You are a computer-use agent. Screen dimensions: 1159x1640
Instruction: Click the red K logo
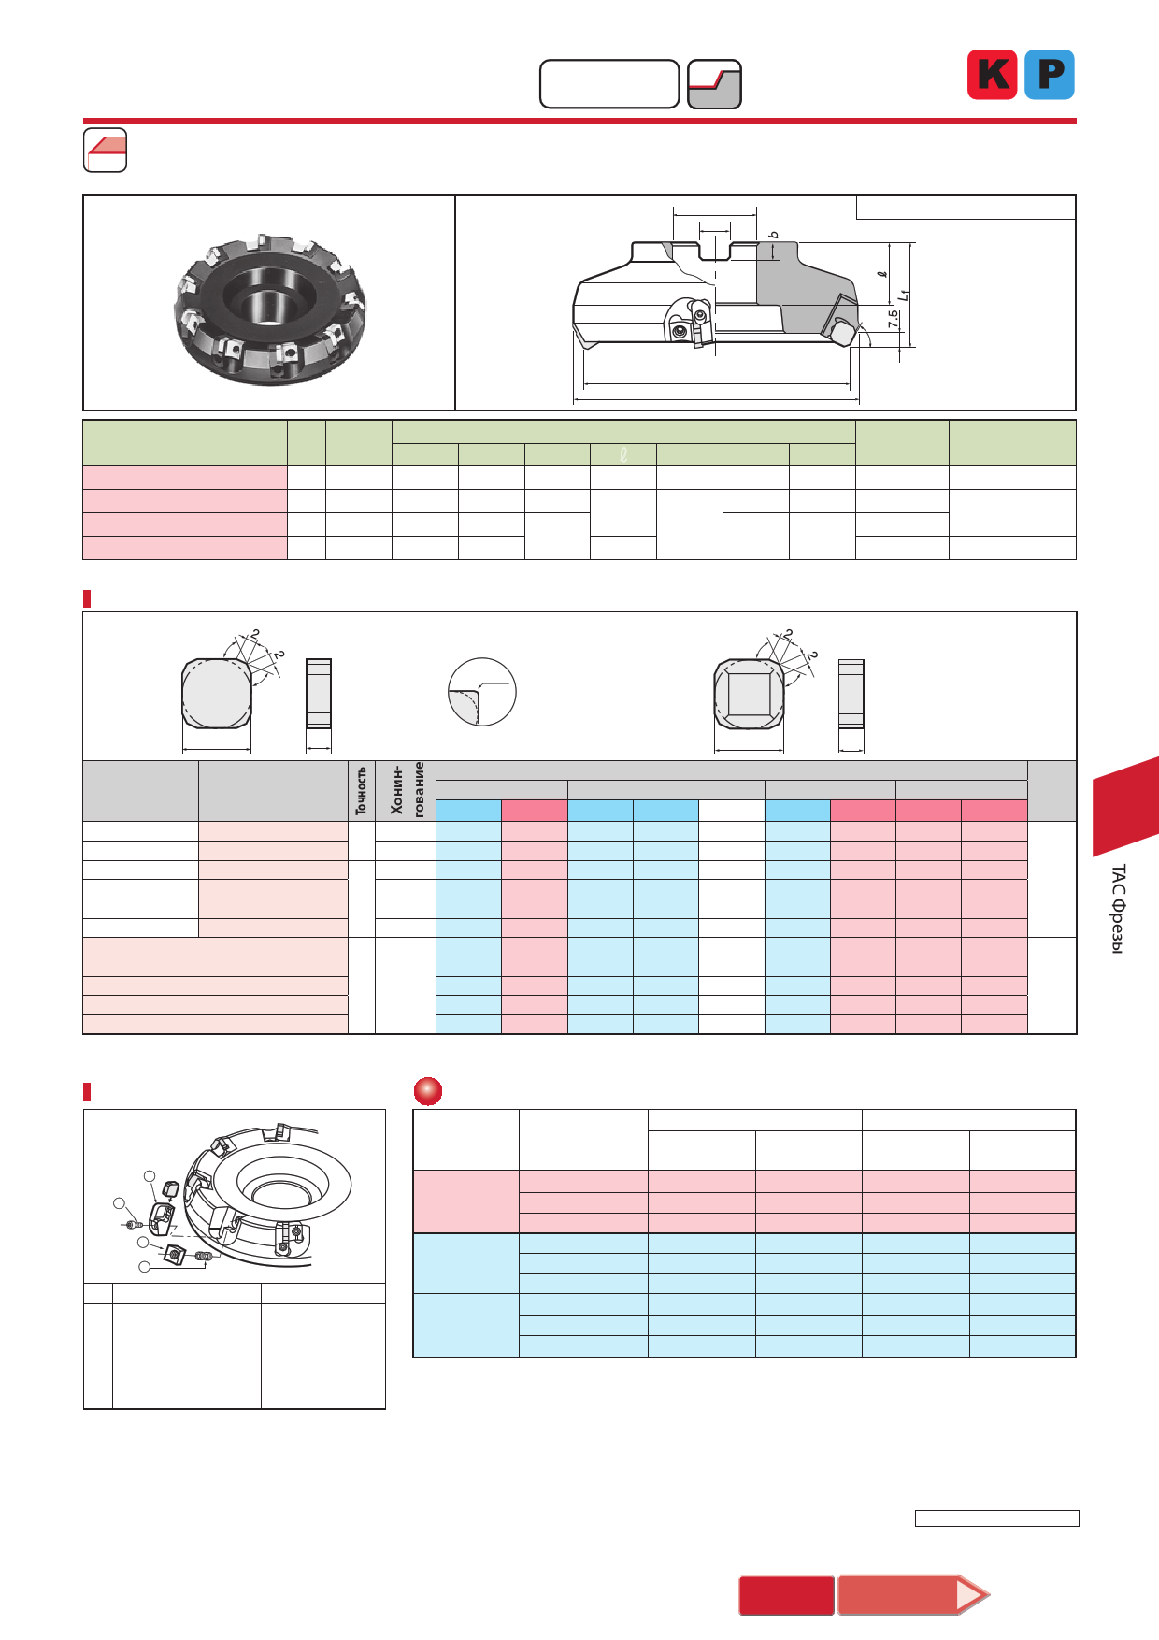point(992,75)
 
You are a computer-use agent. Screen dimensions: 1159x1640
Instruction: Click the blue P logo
point(1050,75)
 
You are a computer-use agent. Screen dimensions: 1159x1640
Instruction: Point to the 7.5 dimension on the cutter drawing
point(894,319)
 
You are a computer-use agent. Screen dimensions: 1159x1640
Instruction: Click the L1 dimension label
point(904,295)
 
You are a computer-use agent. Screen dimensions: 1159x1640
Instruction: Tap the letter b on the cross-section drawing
point(774,235)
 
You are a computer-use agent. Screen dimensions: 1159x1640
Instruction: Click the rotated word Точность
point(361,791)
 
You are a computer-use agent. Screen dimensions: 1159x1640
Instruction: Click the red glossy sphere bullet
point(428,1091)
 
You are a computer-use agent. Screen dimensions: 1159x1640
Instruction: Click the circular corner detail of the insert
point(482,692)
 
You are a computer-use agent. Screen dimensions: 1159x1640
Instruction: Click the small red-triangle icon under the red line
point(106,150)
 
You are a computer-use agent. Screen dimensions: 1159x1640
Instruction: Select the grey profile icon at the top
point(714,84)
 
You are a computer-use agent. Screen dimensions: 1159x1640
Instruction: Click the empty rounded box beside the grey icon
point(609,84)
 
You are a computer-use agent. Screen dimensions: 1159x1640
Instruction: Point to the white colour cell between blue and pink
point(732,811)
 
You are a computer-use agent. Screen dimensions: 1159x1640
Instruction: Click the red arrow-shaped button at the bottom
point(913,1595)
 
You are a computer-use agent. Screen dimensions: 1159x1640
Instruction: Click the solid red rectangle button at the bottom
point(787,1595)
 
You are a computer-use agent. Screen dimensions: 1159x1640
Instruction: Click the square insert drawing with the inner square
point(749,695)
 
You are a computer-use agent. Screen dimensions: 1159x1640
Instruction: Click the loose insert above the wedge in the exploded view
point(170,1189)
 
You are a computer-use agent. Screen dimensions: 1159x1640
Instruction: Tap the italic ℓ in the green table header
point(623,455)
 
